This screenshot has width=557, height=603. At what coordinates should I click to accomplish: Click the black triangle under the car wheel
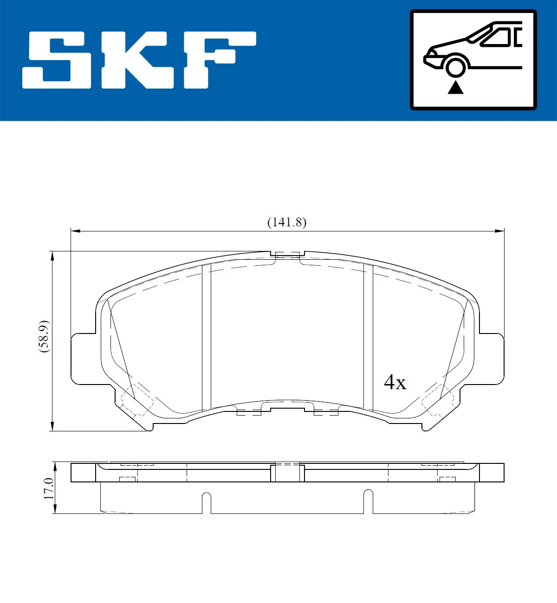tap(456, 87)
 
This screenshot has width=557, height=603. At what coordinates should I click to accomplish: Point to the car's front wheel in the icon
tap(455, 66)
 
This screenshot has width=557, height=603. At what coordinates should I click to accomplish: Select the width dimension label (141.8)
tap(287, 222)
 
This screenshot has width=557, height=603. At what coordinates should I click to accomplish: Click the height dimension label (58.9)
tap(44, 336)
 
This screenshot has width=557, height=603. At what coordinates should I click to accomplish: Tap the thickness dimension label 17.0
tap(48, 488)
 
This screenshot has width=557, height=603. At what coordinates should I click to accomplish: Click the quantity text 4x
tap(395, 382)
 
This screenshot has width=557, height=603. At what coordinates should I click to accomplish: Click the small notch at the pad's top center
tap(287, 255)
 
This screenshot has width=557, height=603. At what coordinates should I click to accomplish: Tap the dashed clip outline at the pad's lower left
tap(136, 400)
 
